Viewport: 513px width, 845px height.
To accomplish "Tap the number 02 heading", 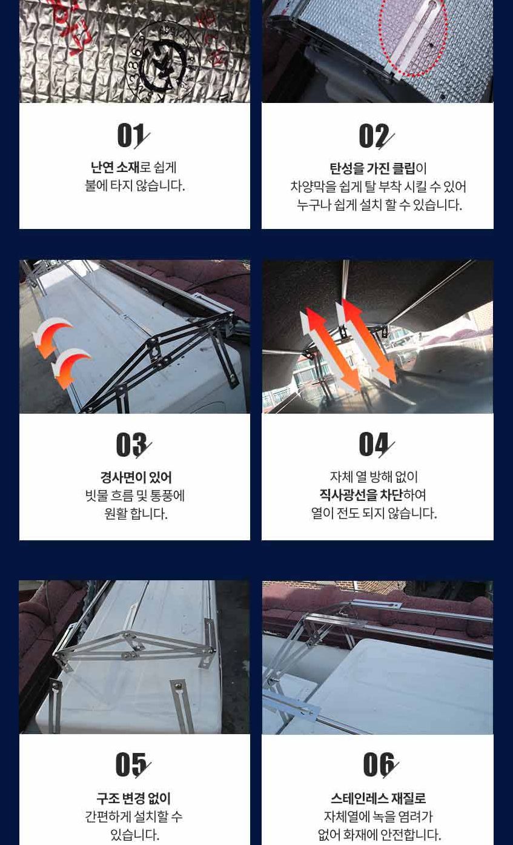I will [x=376, y=136].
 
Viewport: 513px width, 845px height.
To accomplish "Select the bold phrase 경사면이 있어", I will [x=136, y=477].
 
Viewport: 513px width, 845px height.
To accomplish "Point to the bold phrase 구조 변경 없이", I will [x=133, y=798].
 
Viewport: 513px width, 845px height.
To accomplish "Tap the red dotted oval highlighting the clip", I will [x=413, y=39].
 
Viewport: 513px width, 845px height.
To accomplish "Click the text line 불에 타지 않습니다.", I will [x=134, y=186].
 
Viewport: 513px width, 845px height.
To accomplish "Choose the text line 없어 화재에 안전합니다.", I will [x=379, y=835].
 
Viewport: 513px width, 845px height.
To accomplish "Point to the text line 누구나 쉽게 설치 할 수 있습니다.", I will [x=379, y=205].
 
